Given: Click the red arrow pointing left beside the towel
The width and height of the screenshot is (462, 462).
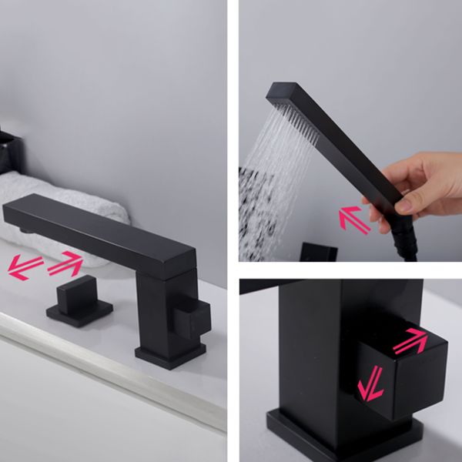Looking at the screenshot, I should point(25,267).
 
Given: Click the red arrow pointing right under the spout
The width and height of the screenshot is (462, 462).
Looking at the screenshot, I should point(65,264).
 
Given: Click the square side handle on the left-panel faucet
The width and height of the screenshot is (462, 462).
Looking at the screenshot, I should point(192,316).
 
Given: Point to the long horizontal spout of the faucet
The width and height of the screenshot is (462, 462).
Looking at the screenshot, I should point(100,231).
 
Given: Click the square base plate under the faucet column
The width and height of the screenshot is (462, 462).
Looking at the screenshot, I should point(169,354).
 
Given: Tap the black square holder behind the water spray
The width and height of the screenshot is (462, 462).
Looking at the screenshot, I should point(318,252).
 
